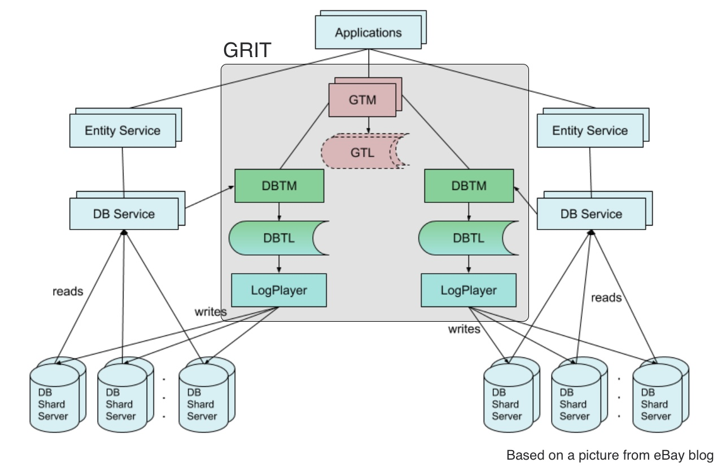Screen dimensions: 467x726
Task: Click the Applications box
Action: [368, 32]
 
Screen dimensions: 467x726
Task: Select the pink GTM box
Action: [362, 100]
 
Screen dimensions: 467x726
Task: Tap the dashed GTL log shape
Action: [362, 152]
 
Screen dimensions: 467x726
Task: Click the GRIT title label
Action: [247, 51]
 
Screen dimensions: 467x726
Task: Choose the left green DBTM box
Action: [279, 185]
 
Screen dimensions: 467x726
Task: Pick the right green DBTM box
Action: [469, 185]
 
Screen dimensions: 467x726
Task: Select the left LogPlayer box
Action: [279, 290]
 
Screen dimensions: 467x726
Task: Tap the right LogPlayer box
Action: [469, 290]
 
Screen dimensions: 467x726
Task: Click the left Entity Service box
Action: [123, 131]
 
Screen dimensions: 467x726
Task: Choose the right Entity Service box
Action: [590, 131]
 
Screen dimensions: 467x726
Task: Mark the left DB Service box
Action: [124, 214]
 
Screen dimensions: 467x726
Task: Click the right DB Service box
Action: [591, 214]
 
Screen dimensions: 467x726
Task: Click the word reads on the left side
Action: [68, 292]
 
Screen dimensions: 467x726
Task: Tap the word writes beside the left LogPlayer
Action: [211, 312]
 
